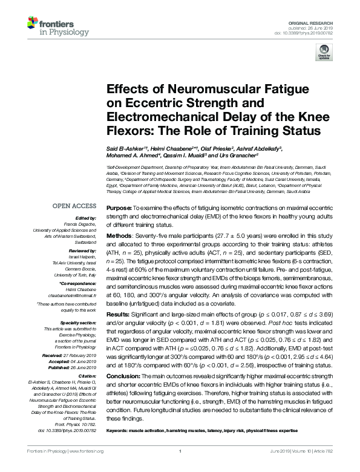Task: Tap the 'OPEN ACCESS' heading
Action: [x=74, y=205]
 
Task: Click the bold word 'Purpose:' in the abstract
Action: [x=119, y=207]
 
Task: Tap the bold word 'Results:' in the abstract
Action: [x=118, y=315]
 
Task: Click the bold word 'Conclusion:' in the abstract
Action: [x=123, y=377]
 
